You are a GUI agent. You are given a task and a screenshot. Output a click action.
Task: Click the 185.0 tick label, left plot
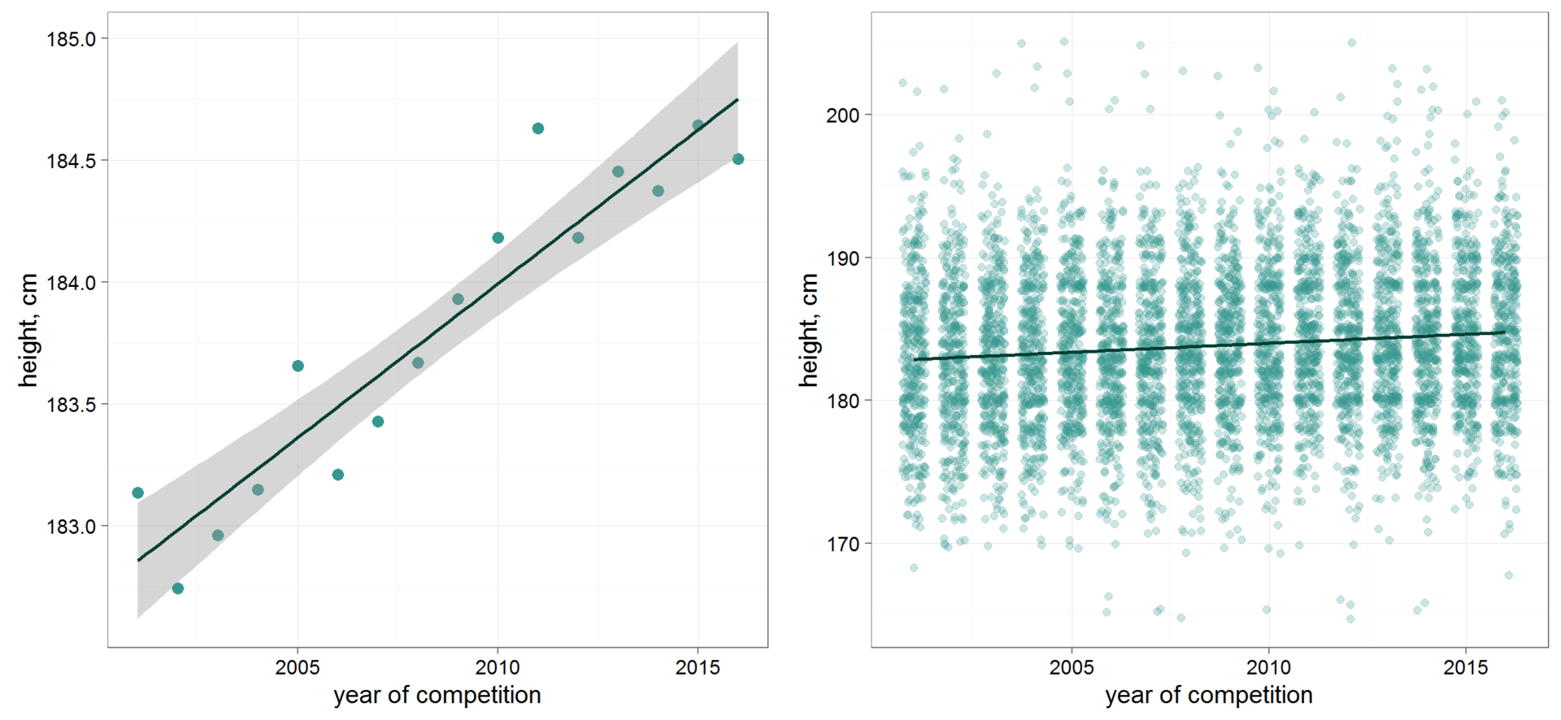tap(71, 39)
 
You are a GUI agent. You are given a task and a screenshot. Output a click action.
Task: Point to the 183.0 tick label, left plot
tap(71, 527)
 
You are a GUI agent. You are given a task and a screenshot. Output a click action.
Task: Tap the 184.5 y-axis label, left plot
tap(71, 161)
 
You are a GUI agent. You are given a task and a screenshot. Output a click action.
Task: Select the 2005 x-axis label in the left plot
tap(298, 668)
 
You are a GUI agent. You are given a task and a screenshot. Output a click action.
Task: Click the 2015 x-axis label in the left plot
tap(698, 668)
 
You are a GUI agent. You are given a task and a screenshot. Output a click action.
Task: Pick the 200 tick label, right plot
tap(842, 115)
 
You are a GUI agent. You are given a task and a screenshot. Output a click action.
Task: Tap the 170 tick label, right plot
tap(842, 544)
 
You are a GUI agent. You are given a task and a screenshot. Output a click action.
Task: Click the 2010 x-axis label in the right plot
tap(1268, 668)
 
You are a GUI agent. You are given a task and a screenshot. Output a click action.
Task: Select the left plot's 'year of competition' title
tap(437, 696)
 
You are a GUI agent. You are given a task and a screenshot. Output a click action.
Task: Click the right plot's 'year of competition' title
tap(1209, 696)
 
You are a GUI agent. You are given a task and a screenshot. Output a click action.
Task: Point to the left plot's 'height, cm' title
tap(28, 330)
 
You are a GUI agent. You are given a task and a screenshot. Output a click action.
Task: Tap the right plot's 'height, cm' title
tap(808, 330)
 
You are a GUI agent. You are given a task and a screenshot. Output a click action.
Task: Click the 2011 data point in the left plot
tap(538, 128)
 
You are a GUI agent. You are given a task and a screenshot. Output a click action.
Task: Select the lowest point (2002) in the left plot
tap(178, 588)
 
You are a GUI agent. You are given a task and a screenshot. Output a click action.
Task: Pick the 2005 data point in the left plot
tap(298, 367)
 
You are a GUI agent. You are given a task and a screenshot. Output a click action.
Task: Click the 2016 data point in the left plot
tap(738, 159)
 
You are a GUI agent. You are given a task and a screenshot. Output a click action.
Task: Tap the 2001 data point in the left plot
tap(138, 493)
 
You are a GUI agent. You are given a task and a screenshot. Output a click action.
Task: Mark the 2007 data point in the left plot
tap(378, 422)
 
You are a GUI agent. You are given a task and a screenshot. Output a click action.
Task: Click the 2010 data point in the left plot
tap(498, 238)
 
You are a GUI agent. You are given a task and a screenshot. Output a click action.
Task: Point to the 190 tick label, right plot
tap(842, 258)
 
